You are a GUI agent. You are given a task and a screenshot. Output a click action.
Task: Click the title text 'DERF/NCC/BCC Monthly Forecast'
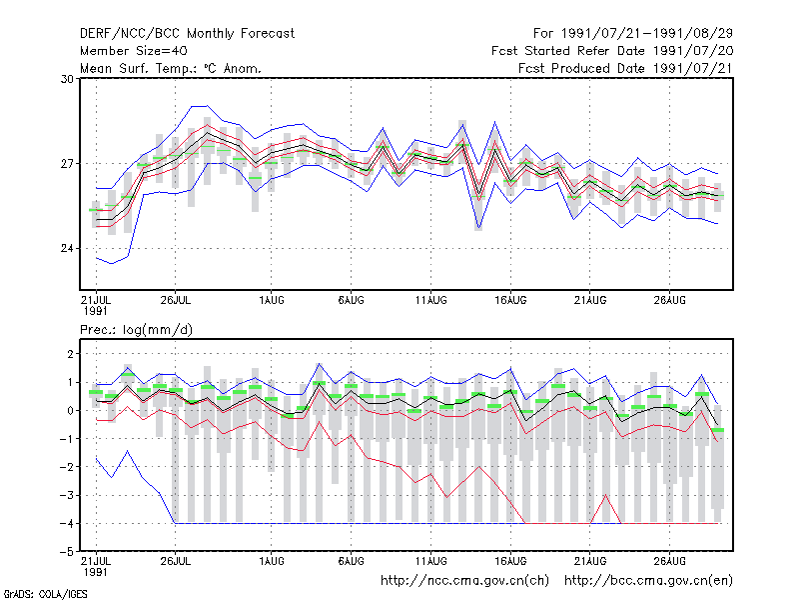click(x=187, y=34)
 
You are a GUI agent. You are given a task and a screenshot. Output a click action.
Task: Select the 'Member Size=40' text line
click(x=134, y=51)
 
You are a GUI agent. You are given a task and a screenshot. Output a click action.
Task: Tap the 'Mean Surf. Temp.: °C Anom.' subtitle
click(x=171, y=68)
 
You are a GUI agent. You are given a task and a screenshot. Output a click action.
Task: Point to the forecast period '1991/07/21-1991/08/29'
click(x=647, y=34)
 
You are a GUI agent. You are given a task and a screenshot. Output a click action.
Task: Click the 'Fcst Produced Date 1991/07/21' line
click(x=626, y=68)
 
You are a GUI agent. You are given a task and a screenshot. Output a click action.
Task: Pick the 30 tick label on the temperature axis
click(x=67, y=79)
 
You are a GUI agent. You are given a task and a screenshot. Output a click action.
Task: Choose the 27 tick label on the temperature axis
click(x=67, y=164)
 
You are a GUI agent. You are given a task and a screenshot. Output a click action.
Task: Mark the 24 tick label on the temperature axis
click(x=67, y=248)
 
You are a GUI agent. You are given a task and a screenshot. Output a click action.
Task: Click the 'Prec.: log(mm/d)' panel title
click(x=136, y=330)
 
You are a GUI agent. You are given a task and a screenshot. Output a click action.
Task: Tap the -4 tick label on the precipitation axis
click(x=67, y=523)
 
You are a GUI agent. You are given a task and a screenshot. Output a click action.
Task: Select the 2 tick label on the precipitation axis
click(x=70, y=354)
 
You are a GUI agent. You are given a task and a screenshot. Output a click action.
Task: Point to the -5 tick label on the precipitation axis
click(x=67, y=552)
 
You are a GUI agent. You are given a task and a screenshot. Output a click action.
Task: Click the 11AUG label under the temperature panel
click(x=431, y=301)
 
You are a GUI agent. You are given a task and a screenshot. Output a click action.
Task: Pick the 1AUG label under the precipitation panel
click(x=271, y=561)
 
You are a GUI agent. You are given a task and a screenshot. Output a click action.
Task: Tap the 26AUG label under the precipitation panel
click(x=669, y=561)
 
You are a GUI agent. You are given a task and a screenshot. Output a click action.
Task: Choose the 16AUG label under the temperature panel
click(x=510, y=301)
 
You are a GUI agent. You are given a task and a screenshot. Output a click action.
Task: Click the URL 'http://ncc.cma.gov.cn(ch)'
click(x=465, y=581)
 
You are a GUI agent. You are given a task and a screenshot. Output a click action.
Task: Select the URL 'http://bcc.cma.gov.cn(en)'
click(x=648, y=581)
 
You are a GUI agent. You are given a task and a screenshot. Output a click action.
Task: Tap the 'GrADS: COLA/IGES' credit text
click(x=45, y=594)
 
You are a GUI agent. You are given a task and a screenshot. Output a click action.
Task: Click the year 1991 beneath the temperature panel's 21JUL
click(x=95, y=311)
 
